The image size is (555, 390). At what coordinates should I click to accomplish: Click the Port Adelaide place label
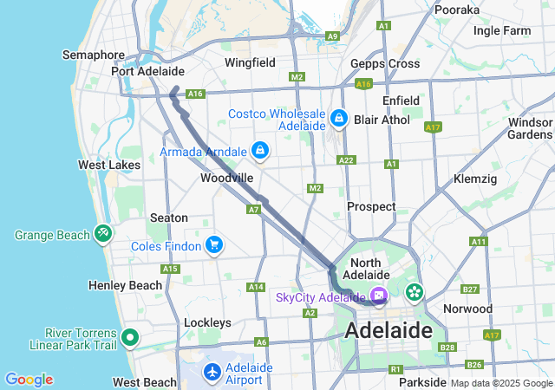147,71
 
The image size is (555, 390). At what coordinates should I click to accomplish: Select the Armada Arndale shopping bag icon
259,151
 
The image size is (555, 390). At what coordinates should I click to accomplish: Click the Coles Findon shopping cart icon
213,245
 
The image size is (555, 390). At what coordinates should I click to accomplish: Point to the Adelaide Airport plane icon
212,372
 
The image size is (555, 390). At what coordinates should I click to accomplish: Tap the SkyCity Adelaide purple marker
379,296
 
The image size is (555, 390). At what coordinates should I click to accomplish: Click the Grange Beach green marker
103,233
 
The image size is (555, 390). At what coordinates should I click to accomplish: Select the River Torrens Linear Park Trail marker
130,337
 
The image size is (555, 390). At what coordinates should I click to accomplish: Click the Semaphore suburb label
94,55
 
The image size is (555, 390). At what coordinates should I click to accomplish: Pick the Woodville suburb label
226,178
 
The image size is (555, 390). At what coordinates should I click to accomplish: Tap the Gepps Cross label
385,63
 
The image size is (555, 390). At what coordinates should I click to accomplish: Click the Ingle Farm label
502,30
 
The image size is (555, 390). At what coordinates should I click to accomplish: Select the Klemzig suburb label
475,179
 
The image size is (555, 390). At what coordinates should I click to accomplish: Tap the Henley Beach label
125,285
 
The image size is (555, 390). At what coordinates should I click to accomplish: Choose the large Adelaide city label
388,330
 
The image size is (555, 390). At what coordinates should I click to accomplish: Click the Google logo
29,380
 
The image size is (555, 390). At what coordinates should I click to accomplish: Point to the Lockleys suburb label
207,322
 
